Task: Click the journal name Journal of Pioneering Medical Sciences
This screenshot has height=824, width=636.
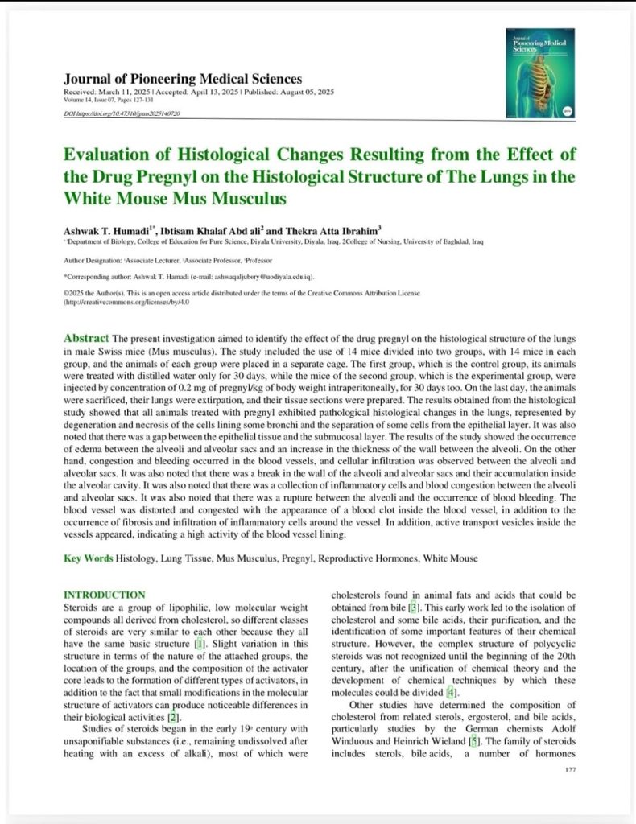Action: point(183,79)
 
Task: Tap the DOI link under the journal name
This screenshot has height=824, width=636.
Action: point(122,114)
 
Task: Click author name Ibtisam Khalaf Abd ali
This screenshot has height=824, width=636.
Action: point(219,229)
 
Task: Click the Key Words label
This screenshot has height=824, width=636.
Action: point(89,558)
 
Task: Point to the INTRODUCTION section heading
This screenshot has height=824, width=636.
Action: point(104,595)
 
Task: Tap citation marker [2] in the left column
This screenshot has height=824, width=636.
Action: point(176,716)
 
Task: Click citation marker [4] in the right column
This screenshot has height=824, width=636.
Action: point(452,692)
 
